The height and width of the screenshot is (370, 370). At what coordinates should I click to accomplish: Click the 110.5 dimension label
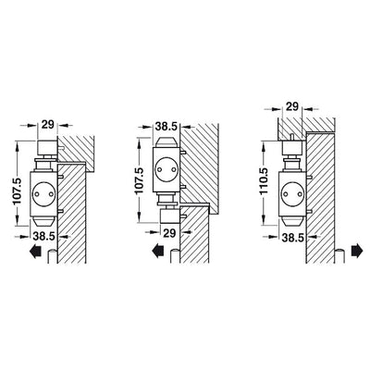pos(264,181)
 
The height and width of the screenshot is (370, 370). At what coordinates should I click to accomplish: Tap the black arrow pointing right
pos(357,251)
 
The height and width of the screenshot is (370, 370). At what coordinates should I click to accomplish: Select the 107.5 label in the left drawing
pos(18,191)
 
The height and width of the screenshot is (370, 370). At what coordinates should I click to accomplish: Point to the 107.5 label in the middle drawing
pos(139,180)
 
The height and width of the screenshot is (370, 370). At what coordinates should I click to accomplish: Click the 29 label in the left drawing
pos(48,125)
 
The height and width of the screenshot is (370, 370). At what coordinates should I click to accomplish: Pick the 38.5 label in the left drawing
pos(43,236)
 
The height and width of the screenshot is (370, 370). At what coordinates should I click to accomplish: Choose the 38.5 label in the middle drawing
pos(166,126)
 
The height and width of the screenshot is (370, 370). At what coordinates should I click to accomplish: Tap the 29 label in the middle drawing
pos(169,233)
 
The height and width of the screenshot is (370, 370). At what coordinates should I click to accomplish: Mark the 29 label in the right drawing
pos(292,106)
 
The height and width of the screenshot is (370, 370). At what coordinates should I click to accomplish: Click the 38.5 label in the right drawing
pos(293,238)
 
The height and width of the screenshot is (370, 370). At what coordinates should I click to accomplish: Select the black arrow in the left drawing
pos(35,251)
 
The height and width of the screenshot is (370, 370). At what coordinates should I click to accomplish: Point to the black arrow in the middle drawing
pos(158,251)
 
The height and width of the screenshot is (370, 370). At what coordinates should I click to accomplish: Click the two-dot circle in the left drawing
pos(43,194)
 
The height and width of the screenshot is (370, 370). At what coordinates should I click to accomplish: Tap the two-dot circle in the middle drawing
pos(166,169)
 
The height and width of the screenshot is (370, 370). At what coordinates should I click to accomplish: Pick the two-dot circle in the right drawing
pos(292,194)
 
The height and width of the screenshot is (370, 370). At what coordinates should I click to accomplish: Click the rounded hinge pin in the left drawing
pos(52,256)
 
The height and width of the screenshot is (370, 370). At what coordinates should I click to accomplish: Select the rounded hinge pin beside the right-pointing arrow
pos(339,256)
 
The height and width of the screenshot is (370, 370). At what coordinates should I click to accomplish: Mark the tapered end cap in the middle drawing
pos(166,142)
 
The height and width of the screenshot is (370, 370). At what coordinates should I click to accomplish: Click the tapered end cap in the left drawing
pos(43,221)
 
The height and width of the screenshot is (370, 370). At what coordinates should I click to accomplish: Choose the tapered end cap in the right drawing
pos(292,221)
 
